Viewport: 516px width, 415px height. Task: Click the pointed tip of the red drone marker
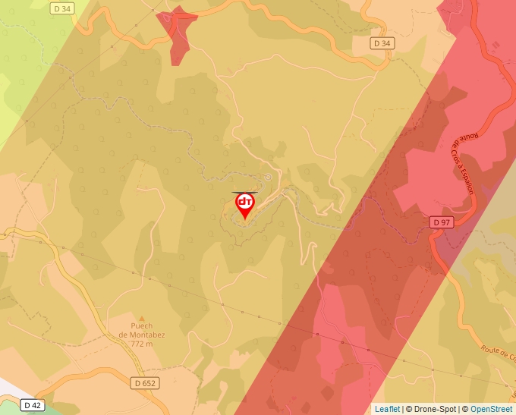click(x=245, y=220)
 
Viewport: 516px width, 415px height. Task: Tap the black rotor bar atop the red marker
click(x=245, y=193)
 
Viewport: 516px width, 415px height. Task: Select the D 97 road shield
click(x=442, y=222)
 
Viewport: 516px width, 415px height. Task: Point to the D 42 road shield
click(x=31, y=405)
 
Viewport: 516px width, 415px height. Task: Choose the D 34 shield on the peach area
click(x=382, y=43)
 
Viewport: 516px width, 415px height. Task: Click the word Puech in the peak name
click(x=131, y=327)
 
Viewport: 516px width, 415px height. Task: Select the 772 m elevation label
click(x=140, y=344)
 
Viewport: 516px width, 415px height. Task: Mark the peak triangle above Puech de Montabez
click(x=140, y=318)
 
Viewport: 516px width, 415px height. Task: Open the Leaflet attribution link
click(x=387, y=409)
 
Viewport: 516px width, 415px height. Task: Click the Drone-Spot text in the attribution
click(x=434, y=409)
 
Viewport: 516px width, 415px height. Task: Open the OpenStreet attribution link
click(x=491, y=409)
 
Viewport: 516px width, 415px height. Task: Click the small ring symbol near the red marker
click(x=267, y=177)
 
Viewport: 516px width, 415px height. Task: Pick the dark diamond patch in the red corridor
click(x=327, y=392)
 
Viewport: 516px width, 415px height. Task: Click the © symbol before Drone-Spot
click(x=409, y=409)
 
